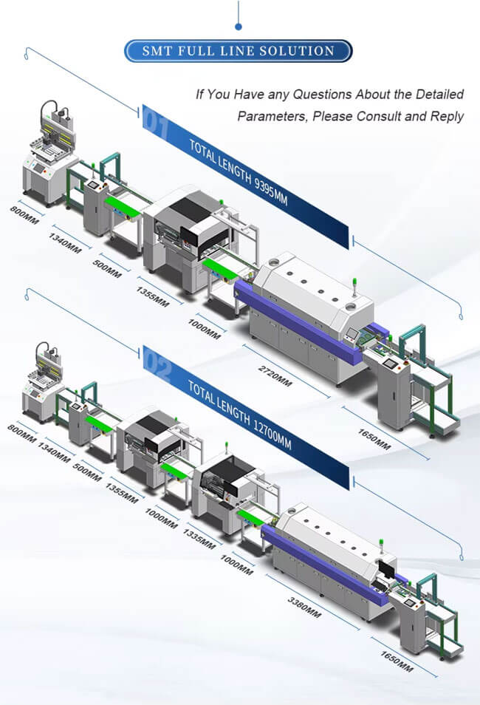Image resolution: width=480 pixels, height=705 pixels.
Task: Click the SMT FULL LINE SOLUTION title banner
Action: (239, 51)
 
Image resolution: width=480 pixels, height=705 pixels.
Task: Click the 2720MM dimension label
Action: (275, 371)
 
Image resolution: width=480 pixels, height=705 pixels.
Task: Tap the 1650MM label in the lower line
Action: (397, 662)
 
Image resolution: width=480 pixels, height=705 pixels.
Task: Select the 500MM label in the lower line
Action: (87, 474)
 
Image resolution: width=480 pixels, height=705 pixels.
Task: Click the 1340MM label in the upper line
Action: (64, 242)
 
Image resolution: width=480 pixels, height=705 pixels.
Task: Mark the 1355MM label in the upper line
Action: (152, 295)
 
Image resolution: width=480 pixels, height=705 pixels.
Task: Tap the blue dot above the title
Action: (239, 27)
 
